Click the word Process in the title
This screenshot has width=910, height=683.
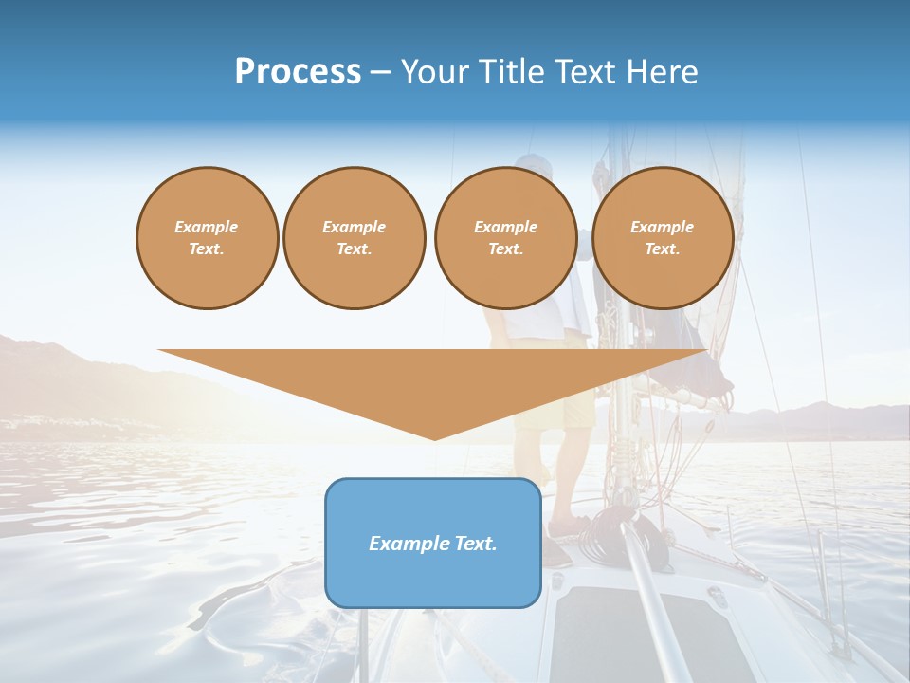coord(298,72)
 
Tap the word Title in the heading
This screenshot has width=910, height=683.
coord(513,72)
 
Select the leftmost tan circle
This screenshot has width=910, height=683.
coord(207,238)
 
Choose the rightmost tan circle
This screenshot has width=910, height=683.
coord(663,238)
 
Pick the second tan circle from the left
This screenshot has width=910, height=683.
coord(354,238)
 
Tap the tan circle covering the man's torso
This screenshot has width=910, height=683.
coord(505,238)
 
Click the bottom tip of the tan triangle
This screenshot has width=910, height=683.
coord(435,437)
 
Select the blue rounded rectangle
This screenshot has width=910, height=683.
coord(433,543)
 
